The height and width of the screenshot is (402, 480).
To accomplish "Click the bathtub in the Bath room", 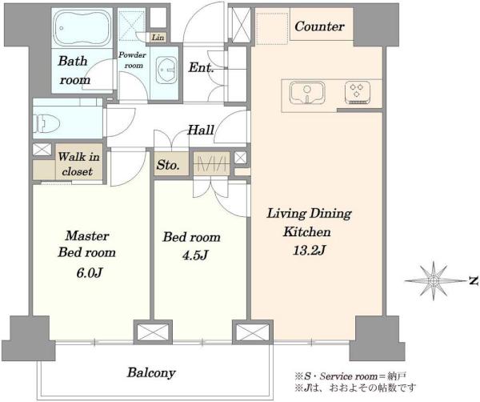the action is (82, 28).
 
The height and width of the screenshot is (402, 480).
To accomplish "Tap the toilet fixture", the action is (46, 123).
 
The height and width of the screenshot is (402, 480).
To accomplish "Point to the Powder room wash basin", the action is (166, 70).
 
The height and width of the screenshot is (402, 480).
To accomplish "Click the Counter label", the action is (319, 26).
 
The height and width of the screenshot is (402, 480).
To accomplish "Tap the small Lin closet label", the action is (158, 38).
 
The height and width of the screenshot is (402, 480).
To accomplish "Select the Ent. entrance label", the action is (201, 67).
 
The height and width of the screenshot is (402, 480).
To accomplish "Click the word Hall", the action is (201, 131).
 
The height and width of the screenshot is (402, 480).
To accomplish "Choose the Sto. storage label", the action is (168, 165).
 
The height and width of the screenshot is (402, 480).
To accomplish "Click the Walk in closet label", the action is (78, 164).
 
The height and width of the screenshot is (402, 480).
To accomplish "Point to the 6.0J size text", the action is (89, 272).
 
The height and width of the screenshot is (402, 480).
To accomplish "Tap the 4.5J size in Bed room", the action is (195, 255).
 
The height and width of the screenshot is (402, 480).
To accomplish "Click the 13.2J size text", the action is (309, 251).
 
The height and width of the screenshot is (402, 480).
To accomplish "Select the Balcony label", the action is (151, 373).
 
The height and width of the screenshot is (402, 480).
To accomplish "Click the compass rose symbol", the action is (434, 280).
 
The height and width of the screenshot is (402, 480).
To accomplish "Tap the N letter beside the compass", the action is (474, 280).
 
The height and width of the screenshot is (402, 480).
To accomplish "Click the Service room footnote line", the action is (350, 376).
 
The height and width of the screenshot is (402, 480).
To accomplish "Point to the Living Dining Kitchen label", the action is (309, 223).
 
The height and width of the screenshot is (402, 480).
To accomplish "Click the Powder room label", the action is (132, 60).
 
